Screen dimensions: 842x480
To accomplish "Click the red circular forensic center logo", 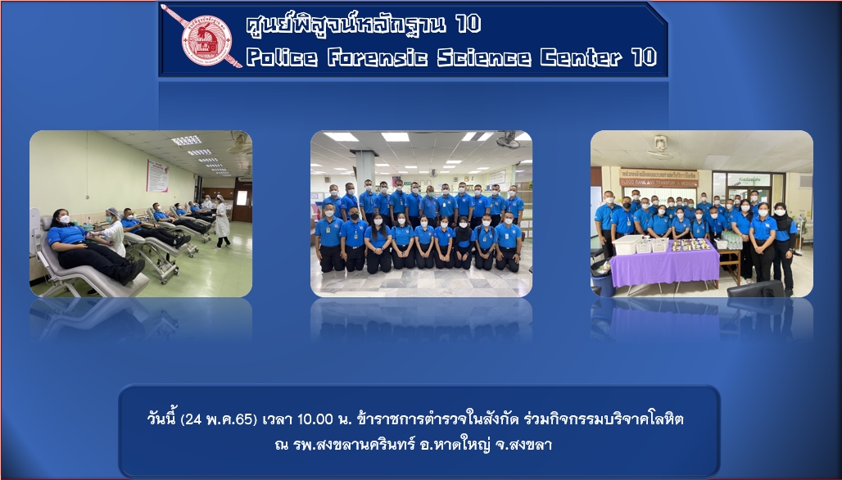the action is (x=206, y=41).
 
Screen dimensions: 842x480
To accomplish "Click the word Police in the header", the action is (x=282, y=57).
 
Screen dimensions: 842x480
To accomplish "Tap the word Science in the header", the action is (x=484, y=57).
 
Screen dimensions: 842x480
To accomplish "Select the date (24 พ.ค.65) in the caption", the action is (x=219, y=419).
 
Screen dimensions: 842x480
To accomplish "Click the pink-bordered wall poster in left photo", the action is (x=157, y=175).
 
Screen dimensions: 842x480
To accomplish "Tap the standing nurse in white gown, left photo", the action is (x=221, y=221).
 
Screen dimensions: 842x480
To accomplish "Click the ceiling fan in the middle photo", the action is (x=508, y=139).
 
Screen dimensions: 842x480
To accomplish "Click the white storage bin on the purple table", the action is (x=627, y=245).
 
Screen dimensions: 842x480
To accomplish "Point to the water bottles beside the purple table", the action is (x=731, y=240).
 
